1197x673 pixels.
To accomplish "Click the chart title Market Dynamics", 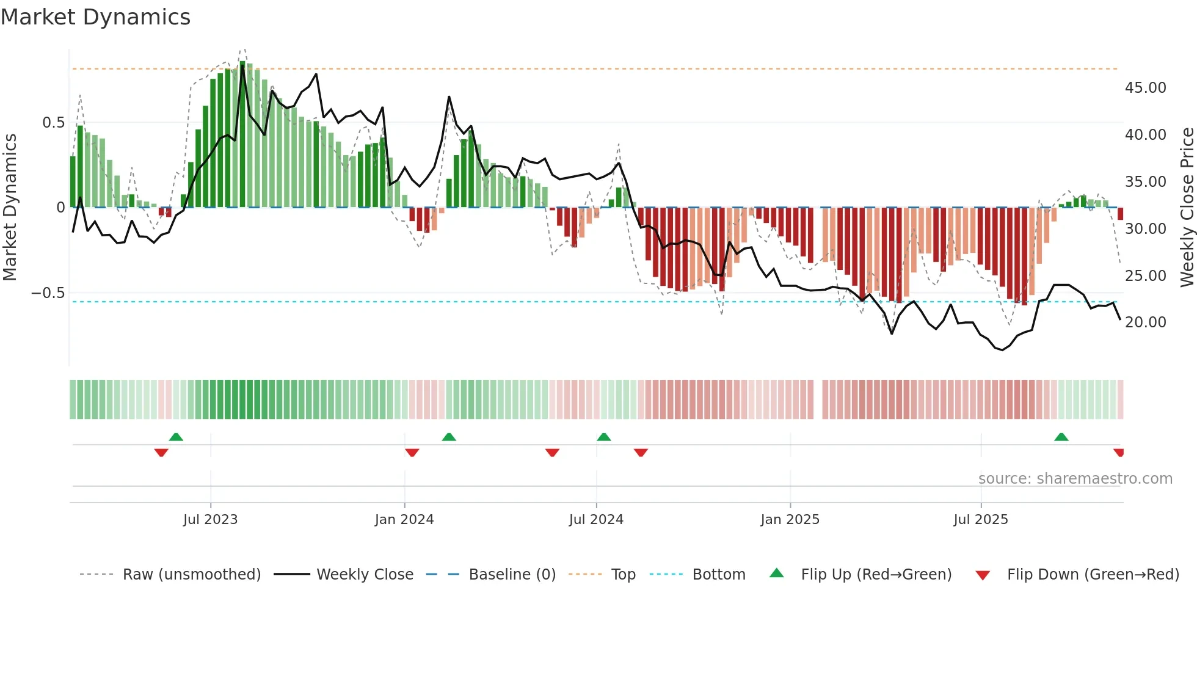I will [95, 17].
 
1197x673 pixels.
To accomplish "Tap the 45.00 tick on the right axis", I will [1145, 88].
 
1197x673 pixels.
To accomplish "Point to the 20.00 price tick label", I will [1145, 322].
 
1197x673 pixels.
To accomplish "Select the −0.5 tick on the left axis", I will [48, 293].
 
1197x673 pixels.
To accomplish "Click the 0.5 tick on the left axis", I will [53, 123].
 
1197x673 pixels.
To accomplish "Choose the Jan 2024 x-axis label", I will [404, 520].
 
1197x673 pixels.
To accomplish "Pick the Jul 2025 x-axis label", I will [980, 520].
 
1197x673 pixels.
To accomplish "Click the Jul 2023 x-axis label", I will [210, 520].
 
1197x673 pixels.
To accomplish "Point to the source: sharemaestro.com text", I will [1075, 479].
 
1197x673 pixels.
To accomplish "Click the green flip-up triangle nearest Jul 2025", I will [1061, 437].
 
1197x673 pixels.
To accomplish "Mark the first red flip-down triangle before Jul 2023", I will [161, 453].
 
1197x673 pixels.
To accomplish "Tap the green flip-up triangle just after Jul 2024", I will [603, 437].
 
